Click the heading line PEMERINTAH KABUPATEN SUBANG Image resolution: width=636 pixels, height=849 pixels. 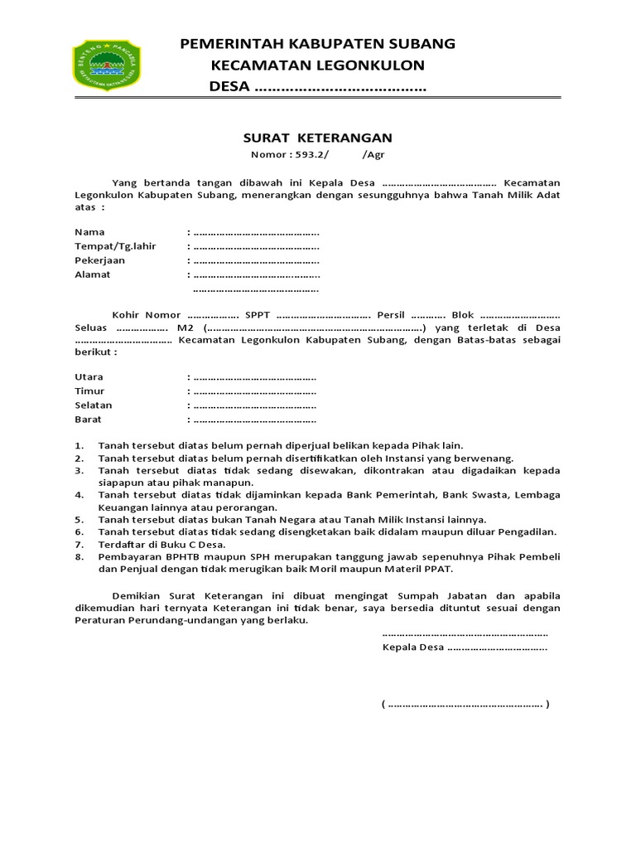317,44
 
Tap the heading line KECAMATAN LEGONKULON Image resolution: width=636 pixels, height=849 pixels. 317,65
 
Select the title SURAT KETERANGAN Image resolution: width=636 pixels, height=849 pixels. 317,138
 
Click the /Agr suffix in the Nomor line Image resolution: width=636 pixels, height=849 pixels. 373,155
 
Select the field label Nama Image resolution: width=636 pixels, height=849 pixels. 89,232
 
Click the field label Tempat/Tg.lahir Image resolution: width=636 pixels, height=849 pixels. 115,246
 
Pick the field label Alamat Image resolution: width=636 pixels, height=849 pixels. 92,274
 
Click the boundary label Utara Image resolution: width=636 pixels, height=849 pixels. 89,377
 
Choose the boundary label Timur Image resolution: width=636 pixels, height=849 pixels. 89,391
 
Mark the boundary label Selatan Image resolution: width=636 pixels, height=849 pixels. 93,405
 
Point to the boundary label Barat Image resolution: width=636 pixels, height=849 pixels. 88,420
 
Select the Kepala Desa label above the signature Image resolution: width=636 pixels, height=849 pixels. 413,648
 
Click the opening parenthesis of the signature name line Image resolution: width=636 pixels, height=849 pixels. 383,705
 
